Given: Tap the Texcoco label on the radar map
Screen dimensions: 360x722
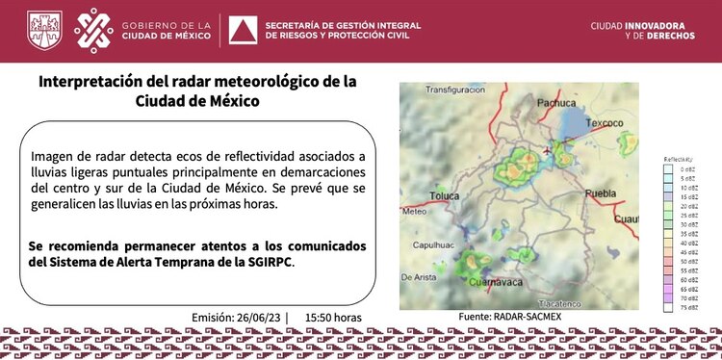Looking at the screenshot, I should click(606, 123).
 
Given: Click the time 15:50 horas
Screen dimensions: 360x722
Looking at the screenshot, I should click(333, 317).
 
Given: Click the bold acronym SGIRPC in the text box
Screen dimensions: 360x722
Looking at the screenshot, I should click(266, 262).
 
